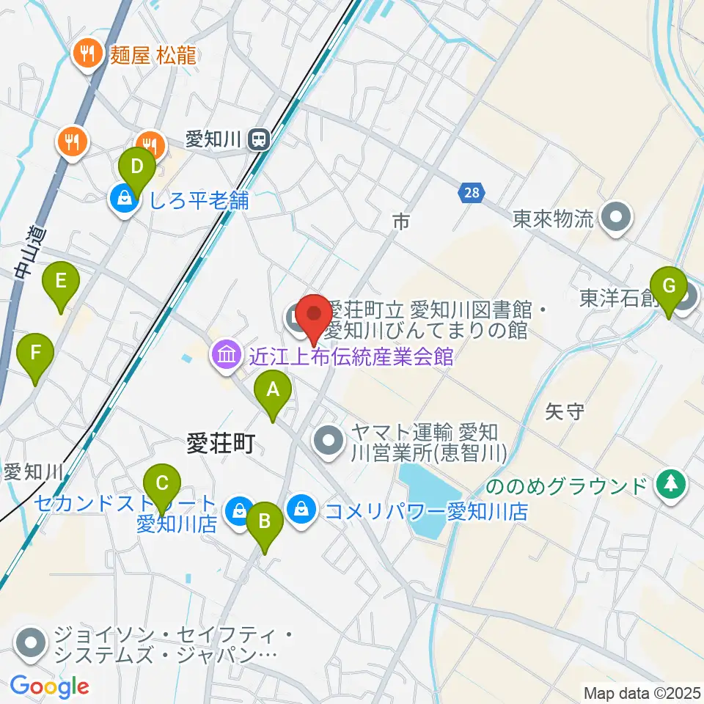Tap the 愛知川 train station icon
[258, 139]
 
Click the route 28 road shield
[471, 194]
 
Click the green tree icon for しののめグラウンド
[670, 484]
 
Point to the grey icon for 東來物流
[616, 218]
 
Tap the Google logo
[50, 686]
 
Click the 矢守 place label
[565, 411]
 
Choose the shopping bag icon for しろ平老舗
[124, 200]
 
